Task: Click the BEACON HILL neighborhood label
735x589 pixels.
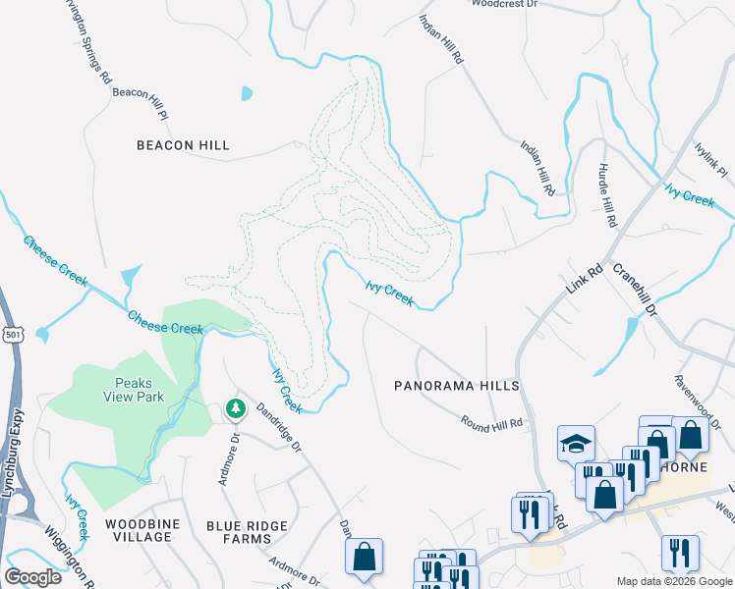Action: click(183, 145)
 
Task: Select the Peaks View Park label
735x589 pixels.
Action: click(134, 390)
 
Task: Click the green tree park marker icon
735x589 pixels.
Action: click(235, 407)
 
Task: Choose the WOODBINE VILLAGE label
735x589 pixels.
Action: click(142, 531)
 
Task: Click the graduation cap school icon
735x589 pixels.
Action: click(577, 444)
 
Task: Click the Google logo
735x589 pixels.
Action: click(33, 576)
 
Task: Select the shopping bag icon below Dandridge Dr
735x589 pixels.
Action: click(365, 556)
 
